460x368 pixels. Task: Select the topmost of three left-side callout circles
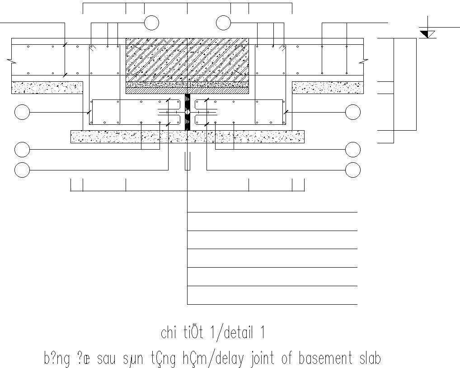click(x=22, y=112)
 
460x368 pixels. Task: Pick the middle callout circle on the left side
click(x=22, y=149)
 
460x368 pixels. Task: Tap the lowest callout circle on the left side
click(x=22, y=170)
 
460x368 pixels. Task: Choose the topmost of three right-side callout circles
click(x=353, y=112)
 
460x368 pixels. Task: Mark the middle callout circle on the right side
click(x=353, y=149)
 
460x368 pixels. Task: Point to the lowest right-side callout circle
click(x=353, y=170)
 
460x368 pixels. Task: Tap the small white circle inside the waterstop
click(x=187, y=112)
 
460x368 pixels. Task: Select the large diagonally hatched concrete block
click(x=187, y=60)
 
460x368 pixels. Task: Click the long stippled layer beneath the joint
click(x=187, y=136)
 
